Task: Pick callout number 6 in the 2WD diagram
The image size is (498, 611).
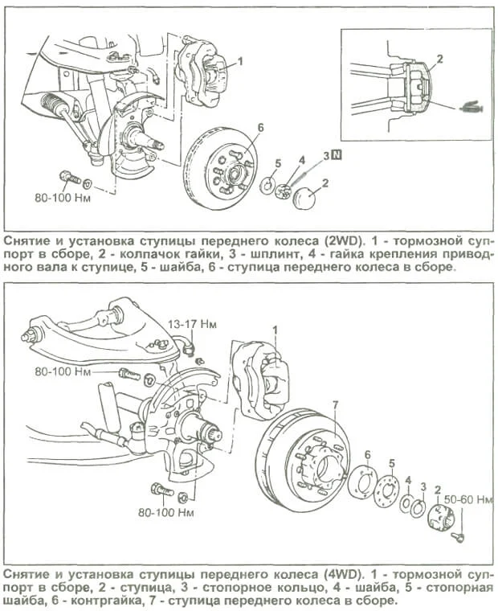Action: coord(260,128)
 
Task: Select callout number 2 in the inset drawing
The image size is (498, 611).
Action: coord(439,59)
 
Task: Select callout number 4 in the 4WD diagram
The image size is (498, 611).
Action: coord(408,480)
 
